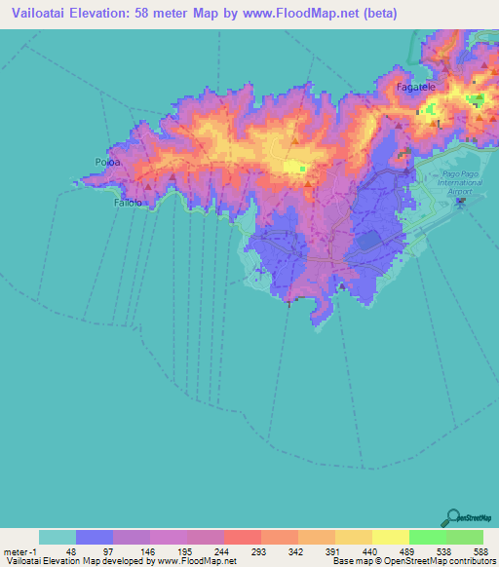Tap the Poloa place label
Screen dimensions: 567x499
pos(106,162)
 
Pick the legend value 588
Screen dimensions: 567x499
pos(481,550)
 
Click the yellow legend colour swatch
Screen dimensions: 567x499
pos(390,536)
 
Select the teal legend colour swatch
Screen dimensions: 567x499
pos(58,536)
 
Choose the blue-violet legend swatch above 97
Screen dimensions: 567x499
pos(95,536)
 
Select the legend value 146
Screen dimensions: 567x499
pos(146,550)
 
